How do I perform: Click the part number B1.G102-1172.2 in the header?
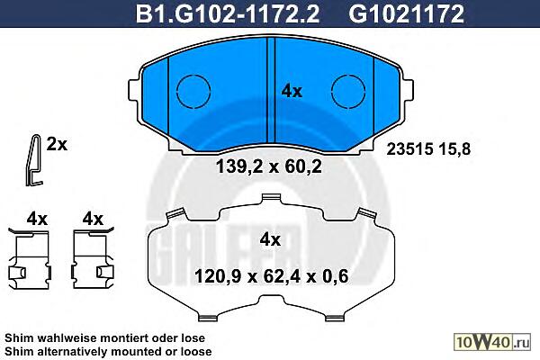tap(228, 13)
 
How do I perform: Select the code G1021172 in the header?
tap(407, 13)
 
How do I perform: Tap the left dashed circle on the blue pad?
tap(193, 91)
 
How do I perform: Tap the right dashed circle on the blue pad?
tap(348, 91)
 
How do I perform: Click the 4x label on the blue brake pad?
tap(292, 91)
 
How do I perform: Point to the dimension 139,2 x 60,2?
tap(269, 167)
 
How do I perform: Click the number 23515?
tap(409, 149)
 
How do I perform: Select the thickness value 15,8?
tap(454, 149)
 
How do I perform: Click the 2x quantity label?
tap(57, 145)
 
